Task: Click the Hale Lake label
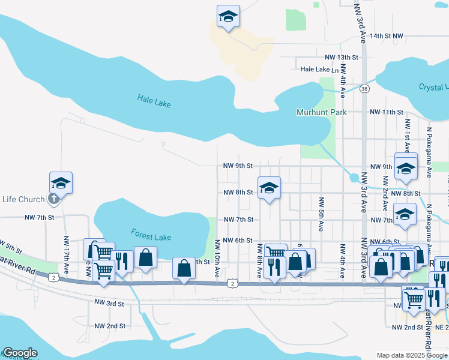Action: click(x=154, y=101)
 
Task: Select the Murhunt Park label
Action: click(x=322, y=112)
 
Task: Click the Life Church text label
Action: click(x=23, y=200)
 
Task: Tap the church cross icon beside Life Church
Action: click(x=53, y=199)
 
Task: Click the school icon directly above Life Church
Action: click(x=61, y=182)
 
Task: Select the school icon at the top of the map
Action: click(x=228, y=16)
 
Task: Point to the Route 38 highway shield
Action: click(x=364, y=89)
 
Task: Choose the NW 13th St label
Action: click(x=341, y=57)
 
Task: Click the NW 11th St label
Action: click(x=386, y=112)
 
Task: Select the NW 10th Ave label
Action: click(x=217, y=259)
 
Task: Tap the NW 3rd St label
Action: click(x=109, y=304)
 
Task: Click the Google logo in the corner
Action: click(x=19, y=353)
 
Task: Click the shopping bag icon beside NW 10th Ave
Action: click(x=184, y=268)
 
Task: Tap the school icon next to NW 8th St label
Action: click(x=269, y=188)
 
